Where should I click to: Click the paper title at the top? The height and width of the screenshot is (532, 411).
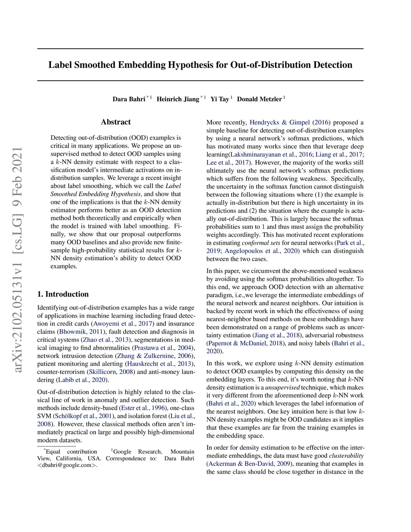coord(200,65)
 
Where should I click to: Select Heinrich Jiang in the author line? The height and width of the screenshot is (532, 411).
coord(178,99)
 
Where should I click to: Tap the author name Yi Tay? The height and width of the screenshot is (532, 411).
coord(220,99)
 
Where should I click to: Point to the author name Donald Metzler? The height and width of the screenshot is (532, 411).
coord(259,99)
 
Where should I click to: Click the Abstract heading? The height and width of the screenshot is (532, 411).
coord(116,122)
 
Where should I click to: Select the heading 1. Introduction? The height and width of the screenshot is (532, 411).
coord(63,294)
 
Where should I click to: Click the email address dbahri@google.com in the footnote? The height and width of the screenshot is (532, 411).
coord(67,465)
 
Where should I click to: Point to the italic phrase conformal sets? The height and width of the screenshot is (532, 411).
coord(261,243)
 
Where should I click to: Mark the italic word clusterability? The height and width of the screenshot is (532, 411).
coord(346,456)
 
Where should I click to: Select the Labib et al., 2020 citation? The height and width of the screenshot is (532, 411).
coord(82,380)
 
